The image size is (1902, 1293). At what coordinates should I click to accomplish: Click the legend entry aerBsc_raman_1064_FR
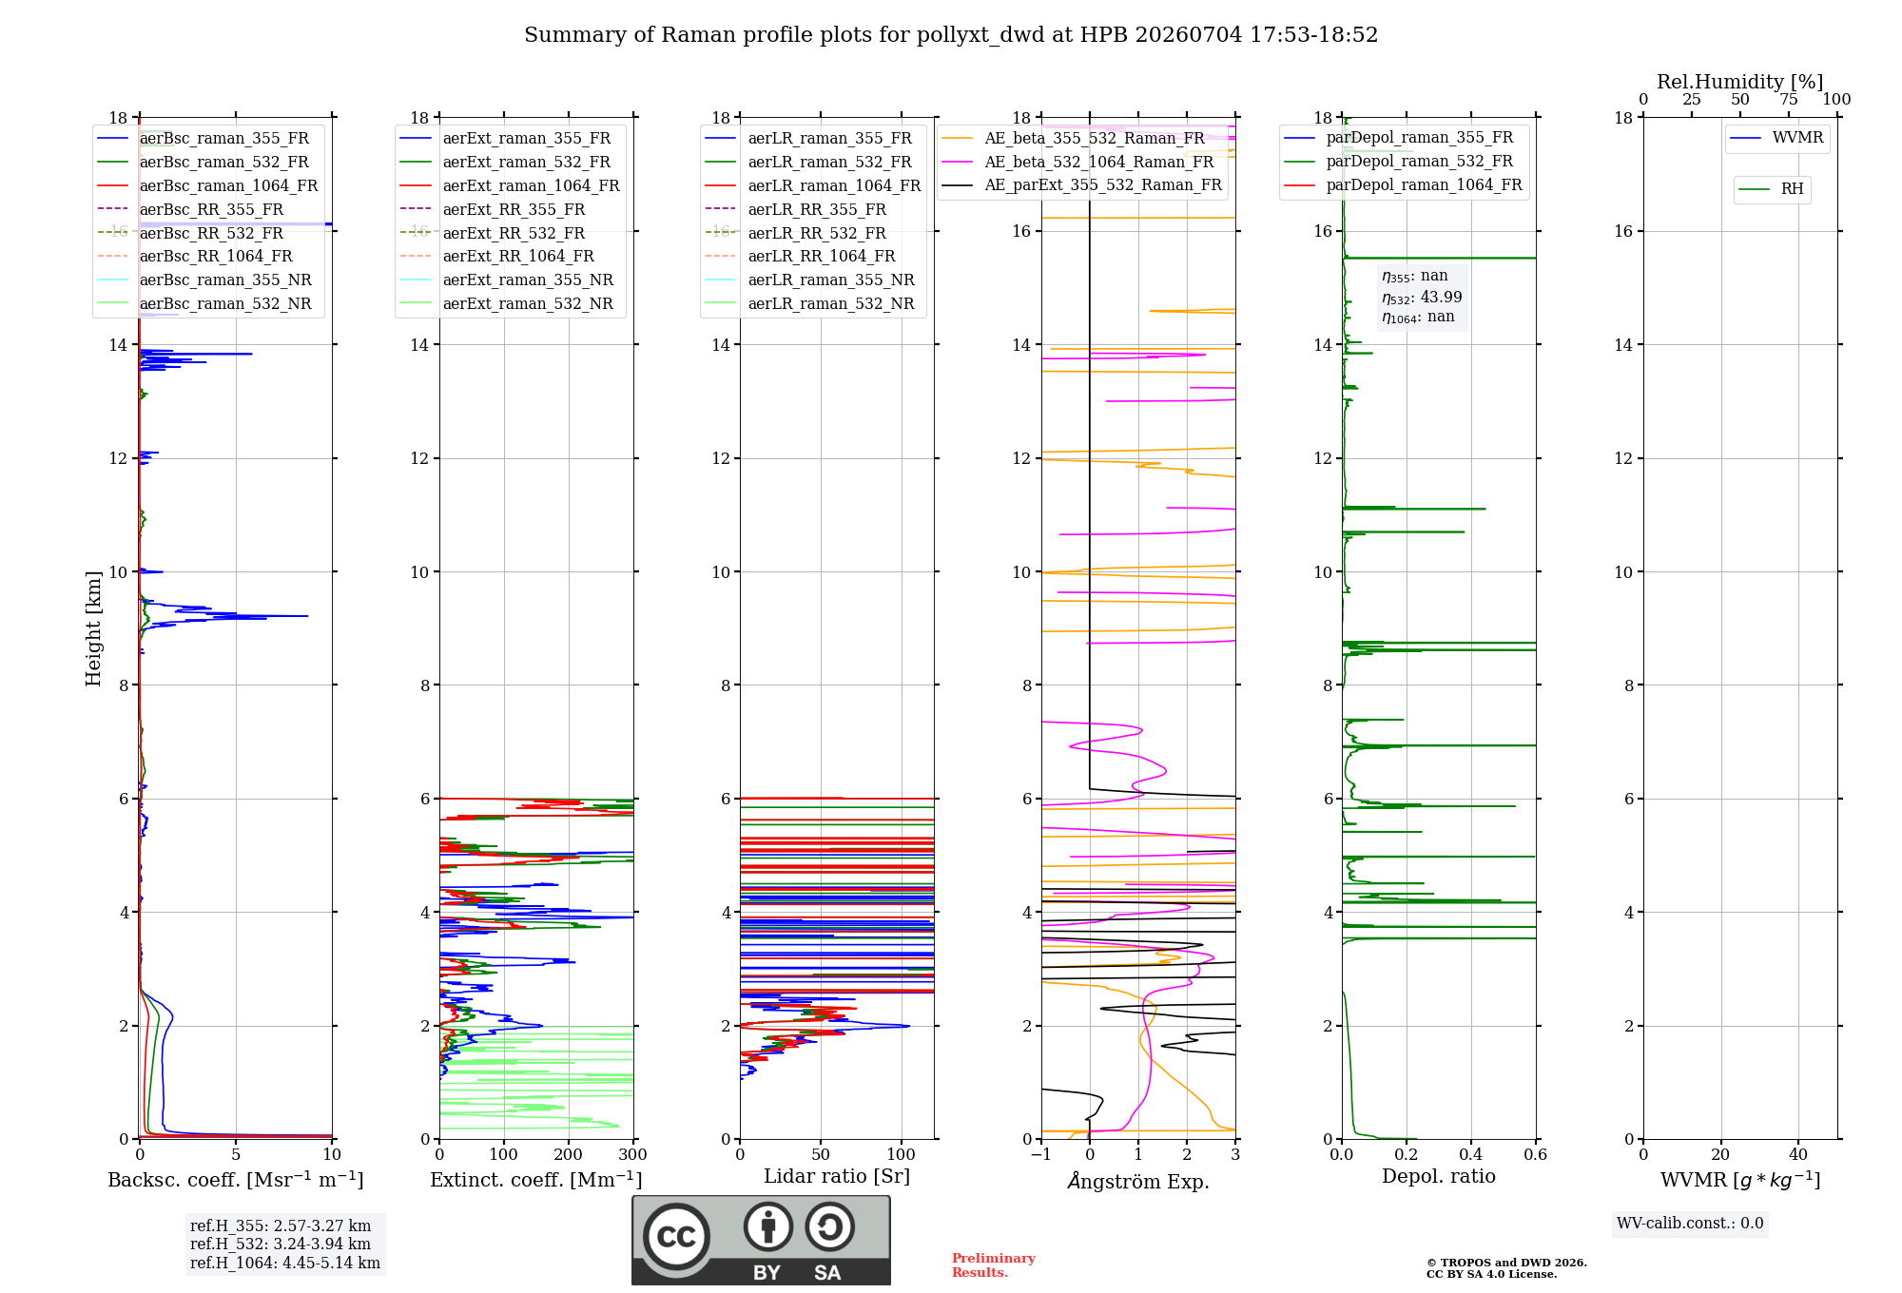tap(228, 185)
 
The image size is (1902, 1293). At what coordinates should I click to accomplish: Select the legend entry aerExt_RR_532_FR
tap(514, 233)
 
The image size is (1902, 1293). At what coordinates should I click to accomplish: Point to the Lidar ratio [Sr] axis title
tap(837, 1177)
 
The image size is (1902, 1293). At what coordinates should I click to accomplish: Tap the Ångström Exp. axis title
tap(1138, 1181)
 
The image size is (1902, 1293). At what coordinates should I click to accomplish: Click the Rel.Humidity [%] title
tap(1740, 82)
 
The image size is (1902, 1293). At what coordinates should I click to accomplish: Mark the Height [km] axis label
tap(93, 628)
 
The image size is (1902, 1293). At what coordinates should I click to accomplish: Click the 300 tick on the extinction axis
tap(633, 1155)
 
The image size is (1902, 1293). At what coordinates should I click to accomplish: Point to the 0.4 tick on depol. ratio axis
tap(1471, 1155)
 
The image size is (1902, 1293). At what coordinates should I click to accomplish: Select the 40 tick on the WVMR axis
tap(1798, 1155)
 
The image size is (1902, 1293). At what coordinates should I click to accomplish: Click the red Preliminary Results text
tap(994, 1265)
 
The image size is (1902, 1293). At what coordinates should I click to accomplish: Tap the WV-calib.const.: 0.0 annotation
tap(1690, 1224)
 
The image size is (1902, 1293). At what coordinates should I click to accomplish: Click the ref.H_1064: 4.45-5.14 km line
tap(285, 1264)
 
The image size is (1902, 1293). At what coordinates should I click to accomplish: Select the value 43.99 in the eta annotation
tap(1442, 297)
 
